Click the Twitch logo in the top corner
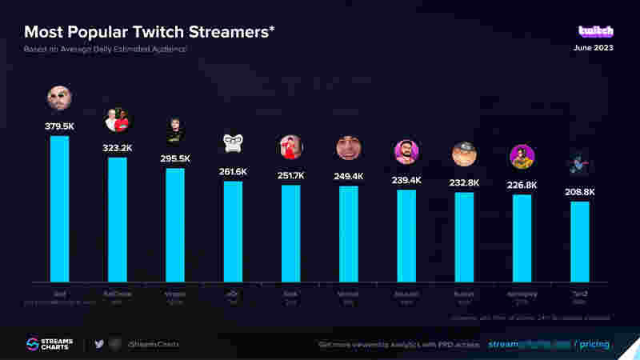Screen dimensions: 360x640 pyautogui.click(x=596, y=31)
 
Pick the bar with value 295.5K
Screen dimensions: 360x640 pyautogui.click(x=175, y=224)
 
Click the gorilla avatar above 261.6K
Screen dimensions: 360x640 pyautogui.click(x=233, y=143)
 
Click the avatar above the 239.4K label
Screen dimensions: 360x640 pyautogui.click(x=406, y=152)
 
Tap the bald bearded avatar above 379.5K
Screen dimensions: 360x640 pyautogui.click(x=60, y=98)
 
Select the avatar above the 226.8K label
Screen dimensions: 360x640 pyautogui.click(x=522, y=157)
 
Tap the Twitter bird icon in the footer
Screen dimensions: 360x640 pyautogui.click(x=99, y=344)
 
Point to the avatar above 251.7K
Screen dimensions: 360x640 pyautogui.click(x=290, y=147)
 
